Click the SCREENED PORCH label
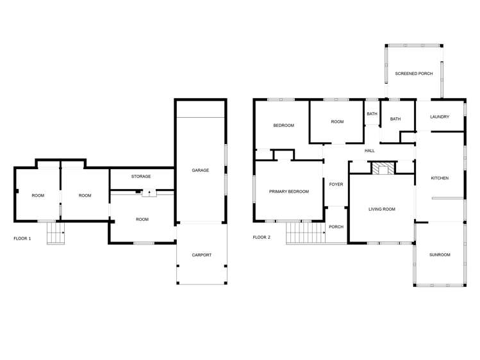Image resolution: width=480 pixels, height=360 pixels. [x=413, y=74]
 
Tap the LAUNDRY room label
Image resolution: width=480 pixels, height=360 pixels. [x=440, y=117]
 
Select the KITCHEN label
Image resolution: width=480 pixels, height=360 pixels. [x=440, y=178]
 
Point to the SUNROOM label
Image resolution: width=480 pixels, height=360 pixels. [x=440, y=255]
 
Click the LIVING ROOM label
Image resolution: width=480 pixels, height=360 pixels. [x=381, y=209]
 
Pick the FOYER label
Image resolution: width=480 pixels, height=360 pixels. [x=336, y=184]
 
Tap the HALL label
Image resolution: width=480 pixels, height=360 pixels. [x=370, y=151]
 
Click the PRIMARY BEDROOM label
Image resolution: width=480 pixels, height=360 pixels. [x=289, y=192]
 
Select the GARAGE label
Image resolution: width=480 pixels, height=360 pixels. [x=201, y=170]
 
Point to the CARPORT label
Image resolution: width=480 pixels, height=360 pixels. [x=201, y=255]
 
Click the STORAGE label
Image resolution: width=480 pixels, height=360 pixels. [x=141, y=176]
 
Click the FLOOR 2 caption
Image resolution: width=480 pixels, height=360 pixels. [x=261, y=238]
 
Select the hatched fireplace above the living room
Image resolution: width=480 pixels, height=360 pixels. [x=384, y=168]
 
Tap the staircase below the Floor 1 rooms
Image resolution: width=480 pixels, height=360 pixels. [x=56, y=234]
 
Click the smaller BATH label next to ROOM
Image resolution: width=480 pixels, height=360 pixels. [x=372, y=114]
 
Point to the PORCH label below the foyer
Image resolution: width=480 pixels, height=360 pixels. [x=336, y=227]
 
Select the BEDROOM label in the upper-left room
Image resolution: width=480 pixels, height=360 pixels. [x=284, y=126]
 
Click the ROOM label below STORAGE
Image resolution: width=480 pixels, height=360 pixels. [x=142, y=220]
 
